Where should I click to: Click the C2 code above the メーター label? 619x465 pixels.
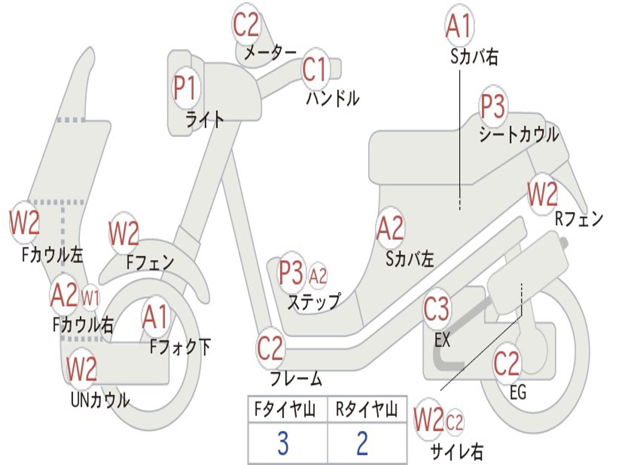pos(247,25)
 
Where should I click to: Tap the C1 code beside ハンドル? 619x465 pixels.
pos(315,70)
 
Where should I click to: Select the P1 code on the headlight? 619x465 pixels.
pos(185,88)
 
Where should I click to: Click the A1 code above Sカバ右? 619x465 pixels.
pos(458,26)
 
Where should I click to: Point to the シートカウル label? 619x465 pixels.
pos(519,135)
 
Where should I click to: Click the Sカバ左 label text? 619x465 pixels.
pos(410,259)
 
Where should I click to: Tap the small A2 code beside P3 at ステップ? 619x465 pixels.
pos(318,276)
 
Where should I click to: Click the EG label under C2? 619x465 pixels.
pos(518,392)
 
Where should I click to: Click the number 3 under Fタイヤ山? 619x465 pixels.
pos(282,444)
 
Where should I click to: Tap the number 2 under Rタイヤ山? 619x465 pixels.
pos(362,444)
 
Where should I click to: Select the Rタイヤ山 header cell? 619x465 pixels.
pos(367,411)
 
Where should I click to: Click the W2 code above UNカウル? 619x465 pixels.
pos(82,369)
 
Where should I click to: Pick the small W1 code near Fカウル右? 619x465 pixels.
pos(90,297)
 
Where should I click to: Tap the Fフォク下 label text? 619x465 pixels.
pos(180,347)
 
